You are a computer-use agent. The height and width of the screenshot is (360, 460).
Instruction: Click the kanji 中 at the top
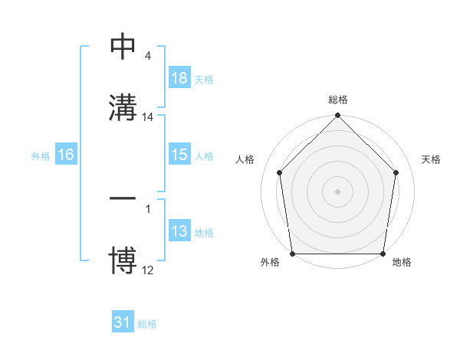[x=123, y=47]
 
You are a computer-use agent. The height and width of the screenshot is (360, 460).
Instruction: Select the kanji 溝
[x=123, y=107]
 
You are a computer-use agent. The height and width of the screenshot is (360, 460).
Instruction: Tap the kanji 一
[x=123, y=198]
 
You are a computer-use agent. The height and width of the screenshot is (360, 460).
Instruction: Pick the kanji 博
[x=123, y=261]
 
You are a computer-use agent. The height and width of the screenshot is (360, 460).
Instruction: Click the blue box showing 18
[x=179, y=78]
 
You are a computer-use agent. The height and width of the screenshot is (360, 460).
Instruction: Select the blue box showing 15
[x=179, y=155]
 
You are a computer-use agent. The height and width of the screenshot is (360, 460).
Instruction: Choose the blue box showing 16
[x=66, y=155]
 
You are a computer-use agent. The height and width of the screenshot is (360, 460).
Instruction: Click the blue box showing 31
[x=123, y=322]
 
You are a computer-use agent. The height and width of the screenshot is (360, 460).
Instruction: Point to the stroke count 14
[x=148, y=117]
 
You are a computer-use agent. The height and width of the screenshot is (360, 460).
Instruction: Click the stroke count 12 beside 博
[x=148, y=270]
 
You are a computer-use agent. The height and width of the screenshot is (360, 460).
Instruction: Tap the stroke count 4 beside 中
[x=148, y=56]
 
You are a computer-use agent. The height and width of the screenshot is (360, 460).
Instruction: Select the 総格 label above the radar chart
[x=338, y=100]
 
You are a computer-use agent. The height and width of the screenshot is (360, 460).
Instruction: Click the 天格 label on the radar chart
[x=432, y=159]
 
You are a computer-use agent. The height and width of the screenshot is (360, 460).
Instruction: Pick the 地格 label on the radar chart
[x=402, y=262]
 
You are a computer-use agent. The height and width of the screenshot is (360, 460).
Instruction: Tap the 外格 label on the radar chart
[x=270, y=262]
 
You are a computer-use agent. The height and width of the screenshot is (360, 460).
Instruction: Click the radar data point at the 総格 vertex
[x=338, y=116]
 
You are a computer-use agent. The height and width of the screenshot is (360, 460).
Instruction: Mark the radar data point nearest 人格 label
[x=280, y=172]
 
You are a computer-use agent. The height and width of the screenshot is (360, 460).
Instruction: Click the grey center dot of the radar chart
[x=338, y=191]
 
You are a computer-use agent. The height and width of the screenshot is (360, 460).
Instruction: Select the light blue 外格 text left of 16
[x=41, y=155]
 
